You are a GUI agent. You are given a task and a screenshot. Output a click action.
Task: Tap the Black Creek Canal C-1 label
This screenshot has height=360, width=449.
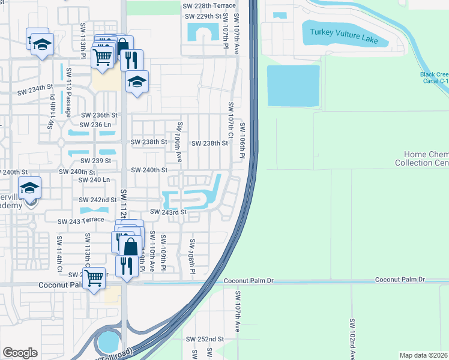pos(434,78)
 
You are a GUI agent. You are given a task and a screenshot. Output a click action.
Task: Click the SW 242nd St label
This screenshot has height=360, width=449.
pos(98,200)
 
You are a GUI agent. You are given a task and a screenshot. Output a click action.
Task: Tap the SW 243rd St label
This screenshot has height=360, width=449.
pos(169,212)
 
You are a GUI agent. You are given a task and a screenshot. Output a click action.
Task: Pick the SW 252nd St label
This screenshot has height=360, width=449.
pos(205,339)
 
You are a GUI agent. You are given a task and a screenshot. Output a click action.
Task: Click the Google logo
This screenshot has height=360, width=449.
pos(20,353)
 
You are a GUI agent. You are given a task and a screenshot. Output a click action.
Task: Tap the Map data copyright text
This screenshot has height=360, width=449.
pos(424,355)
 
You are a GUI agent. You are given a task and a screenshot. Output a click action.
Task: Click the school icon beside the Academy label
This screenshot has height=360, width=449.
pos(29,188)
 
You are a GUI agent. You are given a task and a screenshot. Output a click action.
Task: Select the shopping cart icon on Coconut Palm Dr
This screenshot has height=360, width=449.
pos(94,278)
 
